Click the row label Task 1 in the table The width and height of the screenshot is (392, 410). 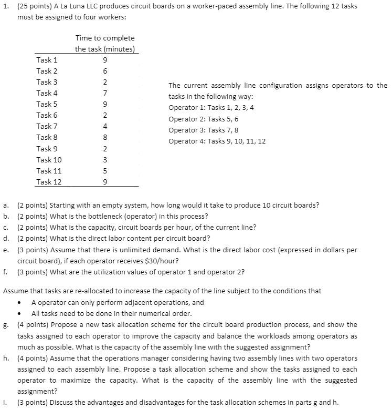47,60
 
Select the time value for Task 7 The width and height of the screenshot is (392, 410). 105,126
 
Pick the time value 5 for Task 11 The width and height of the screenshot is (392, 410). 105,170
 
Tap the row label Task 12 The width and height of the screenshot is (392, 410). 49,182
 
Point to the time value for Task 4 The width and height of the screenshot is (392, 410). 105,93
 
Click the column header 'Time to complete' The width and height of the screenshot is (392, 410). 105,38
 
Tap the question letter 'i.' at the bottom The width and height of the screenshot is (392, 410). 5,403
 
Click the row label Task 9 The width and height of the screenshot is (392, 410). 47,148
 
